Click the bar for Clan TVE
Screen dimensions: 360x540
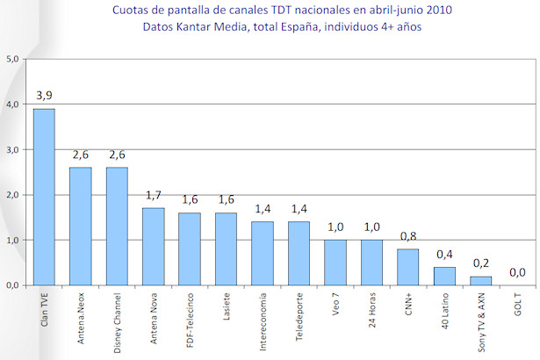44,197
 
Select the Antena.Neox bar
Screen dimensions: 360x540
80,226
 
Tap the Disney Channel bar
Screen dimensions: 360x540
117,226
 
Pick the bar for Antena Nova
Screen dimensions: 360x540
153,246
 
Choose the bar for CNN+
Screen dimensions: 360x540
407,266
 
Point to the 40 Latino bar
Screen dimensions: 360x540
443,276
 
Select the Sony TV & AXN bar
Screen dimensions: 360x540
480,280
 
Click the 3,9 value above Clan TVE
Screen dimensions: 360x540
44,94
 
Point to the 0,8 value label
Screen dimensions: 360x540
407,234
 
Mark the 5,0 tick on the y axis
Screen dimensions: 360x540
12,59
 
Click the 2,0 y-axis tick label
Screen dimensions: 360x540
12,195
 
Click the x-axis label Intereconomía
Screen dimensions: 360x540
263,321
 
